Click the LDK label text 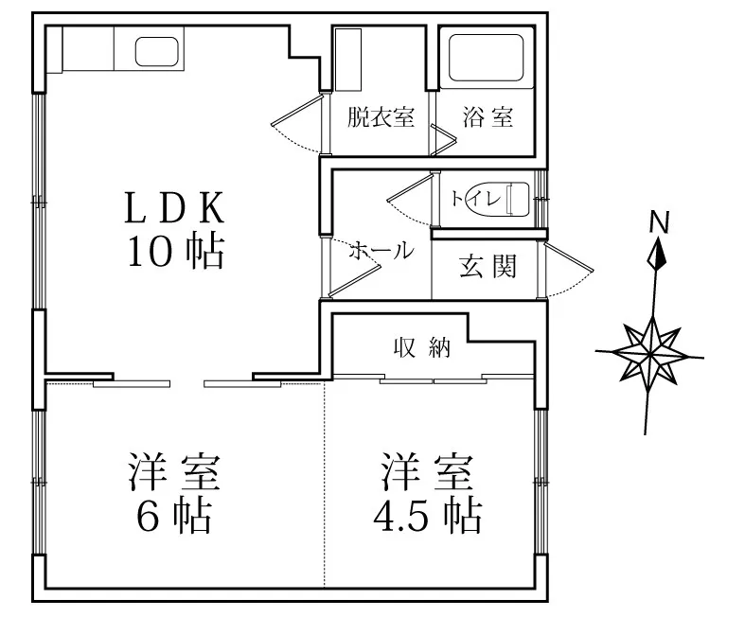(x=174, y=207)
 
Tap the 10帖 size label (x=175, y=252)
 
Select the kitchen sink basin (x=157, y=52)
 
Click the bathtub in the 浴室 (x=486, y=58)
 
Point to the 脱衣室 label (x=381, y=116)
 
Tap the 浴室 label (x=488, y=116)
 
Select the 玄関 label (x=488, y=266)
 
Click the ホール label (x=381, y=251)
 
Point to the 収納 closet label (x=422, y=348)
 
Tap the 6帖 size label (x=174, y=516)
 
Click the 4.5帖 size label (x=427, y=516)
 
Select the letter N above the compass (x=660, y=221)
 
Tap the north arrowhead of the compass (x=658, y=255)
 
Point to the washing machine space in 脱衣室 (x=347, y=60)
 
